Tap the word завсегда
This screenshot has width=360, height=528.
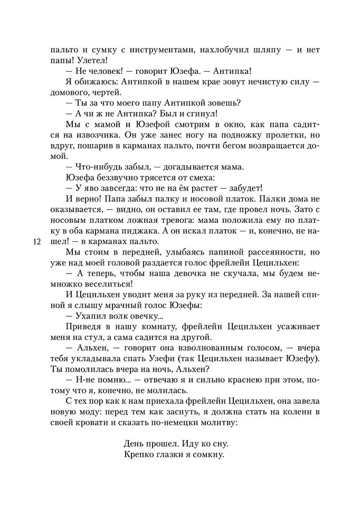point(110,188)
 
